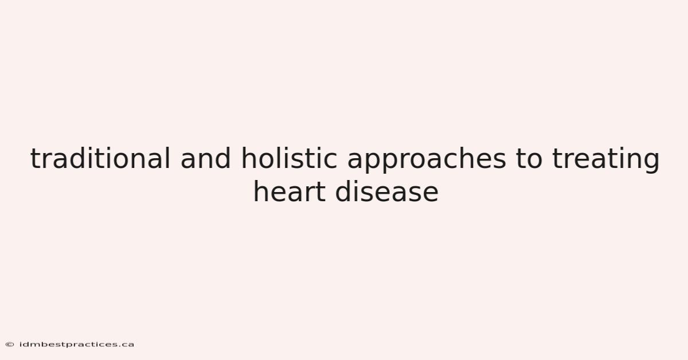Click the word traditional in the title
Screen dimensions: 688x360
[x=100, y=158]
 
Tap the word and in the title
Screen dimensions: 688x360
[x=205, y=158]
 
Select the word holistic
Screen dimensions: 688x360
[x=289, y=158]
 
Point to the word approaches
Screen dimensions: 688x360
[x=427, y=161]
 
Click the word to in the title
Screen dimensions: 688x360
[x=529, y=159]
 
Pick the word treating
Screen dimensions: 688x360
[x=605, y=161]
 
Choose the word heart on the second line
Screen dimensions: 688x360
[x=290, y=191]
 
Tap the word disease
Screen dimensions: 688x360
[x=386, y=191]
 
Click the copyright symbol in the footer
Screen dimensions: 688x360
[x=10, y=345]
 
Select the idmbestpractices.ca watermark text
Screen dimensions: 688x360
[x=77, y=345]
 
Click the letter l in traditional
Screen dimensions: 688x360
[x=167, y=158]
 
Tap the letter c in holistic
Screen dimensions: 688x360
[x=330, y=161]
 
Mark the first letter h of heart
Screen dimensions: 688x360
[x=261, y=191]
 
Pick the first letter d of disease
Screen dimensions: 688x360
[x=343, y=191]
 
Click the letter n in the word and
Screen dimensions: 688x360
[x=205, y=161]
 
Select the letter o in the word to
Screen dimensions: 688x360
[x=535, y=161]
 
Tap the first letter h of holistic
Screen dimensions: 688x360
[x=249, y=158]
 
